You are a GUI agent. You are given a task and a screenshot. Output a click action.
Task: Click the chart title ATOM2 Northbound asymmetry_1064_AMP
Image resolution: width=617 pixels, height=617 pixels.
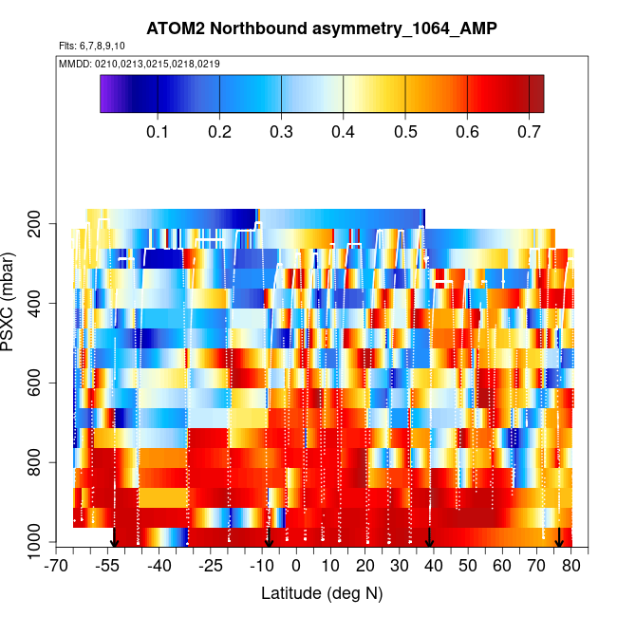322,29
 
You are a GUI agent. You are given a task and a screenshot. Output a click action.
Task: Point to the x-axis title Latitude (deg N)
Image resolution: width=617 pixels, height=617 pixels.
322,592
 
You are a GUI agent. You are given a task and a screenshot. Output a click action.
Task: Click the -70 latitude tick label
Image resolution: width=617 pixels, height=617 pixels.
57,566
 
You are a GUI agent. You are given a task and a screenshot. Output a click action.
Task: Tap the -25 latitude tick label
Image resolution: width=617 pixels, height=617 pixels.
211,566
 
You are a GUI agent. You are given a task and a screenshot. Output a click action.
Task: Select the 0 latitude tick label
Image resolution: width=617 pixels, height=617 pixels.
296,566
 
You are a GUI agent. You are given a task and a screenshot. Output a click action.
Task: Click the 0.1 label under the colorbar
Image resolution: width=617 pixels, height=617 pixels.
159,130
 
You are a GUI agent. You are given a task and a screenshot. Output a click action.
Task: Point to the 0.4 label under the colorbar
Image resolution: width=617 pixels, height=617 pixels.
344,130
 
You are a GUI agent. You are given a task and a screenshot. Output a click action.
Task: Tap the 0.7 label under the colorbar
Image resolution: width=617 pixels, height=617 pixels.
529,130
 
